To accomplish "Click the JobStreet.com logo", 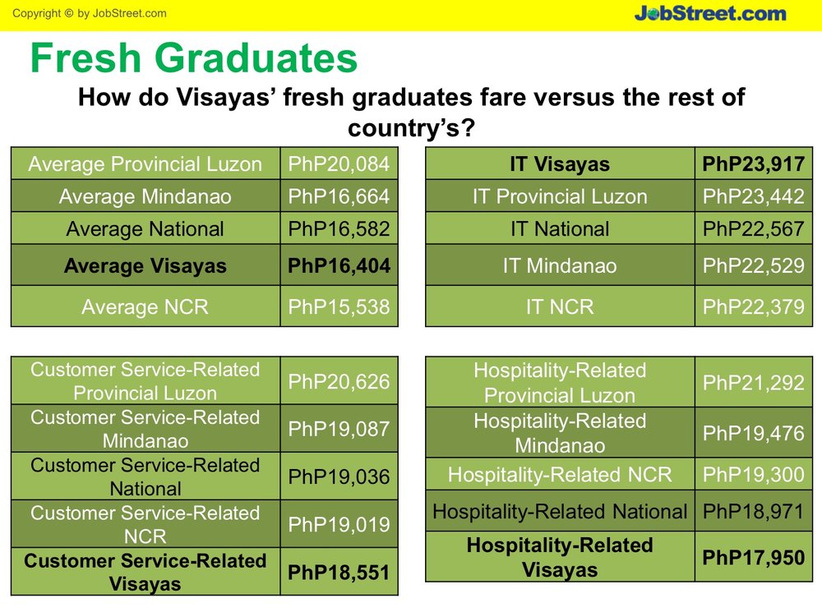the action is coord(710,13).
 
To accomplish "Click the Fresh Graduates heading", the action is coord(194,58).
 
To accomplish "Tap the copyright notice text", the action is coord(89,13).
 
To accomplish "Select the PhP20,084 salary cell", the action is coord(339,164).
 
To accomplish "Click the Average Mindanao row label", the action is coord(145,196).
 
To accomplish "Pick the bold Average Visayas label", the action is coord(145,265).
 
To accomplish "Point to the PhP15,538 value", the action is coord(339,306).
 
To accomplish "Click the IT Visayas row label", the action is coord(560,164).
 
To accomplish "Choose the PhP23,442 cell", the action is coord(753,196).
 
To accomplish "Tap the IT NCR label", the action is coord(560,306).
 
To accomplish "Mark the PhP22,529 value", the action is coord(753,265).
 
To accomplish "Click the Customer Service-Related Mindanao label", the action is coord(145,429).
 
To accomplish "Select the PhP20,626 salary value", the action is coord(339,381).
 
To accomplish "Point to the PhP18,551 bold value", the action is coord(339,573).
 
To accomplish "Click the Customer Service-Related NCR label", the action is coord(145,524).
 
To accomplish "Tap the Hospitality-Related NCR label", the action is coord(560,475).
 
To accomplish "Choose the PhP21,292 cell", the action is coord(753,383).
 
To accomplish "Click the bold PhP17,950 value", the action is coord(753,558).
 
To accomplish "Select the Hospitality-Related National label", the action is coord(560,512).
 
